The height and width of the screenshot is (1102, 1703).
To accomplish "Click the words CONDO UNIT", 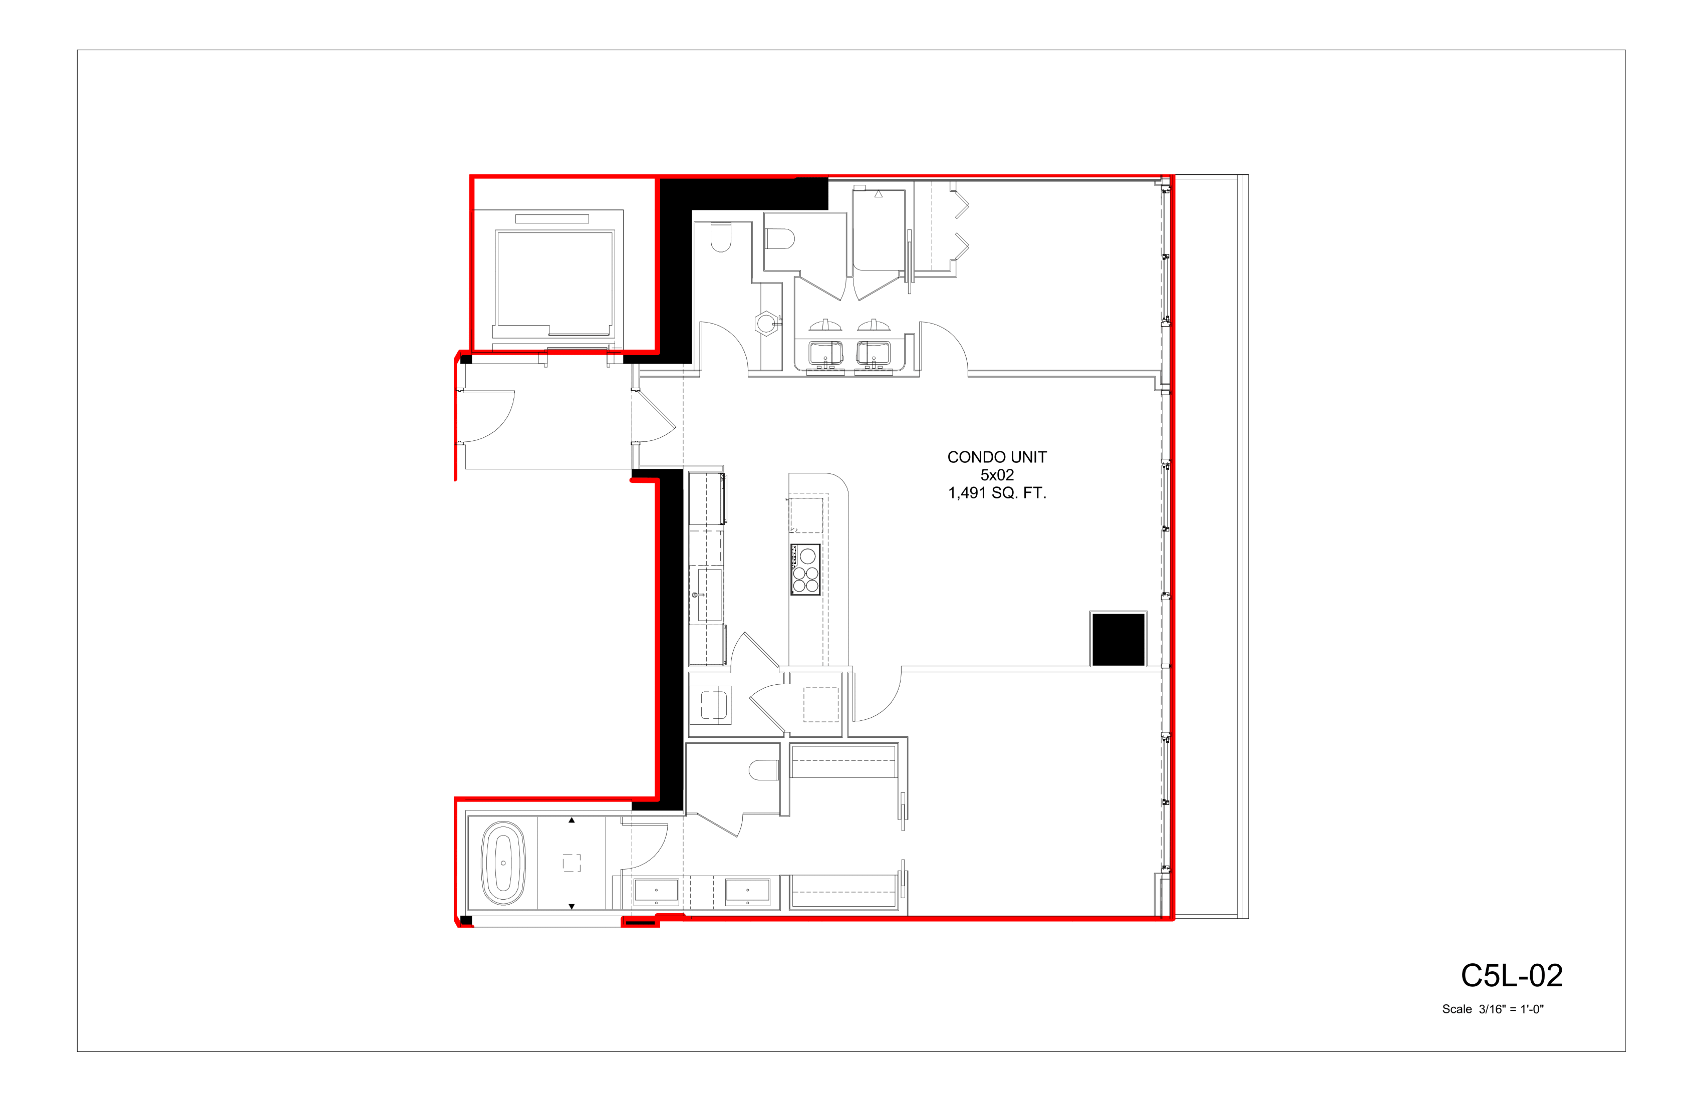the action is [x=997, y=457].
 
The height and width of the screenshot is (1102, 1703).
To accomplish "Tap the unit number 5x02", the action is [x=997, y=475].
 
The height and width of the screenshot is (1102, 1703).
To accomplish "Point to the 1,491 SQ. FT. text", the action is [x=997, y=493].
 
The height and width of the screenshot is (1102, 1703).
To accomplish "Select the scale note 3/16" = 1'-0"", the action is [x=1511, y=1010].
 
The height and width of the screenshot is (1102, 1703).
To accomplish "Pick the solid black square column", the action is [x=1117, y=640].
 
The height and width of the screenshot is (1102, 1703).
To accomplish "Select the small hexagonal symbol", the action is [x=766, y=324].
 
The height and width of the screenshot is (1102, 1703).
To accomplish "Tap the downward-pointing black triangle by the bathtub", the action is [x=572, y=907].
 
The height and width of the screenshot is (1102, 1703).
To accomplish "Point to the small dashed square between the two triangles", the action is [x=572, y=864].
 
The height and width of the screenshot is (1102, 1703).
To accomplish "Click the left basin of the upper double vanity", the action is [x=826, y=353].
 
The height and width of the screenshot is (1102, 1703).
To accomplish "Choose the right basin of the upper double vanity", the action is [x=874, y=353].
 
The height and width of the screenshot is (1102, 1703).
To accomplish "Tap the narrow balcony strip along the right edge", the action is [x=1210, y=546].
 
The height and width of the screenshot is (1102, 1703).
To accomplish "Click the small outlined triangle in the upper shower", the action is [x=878, y=194].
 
